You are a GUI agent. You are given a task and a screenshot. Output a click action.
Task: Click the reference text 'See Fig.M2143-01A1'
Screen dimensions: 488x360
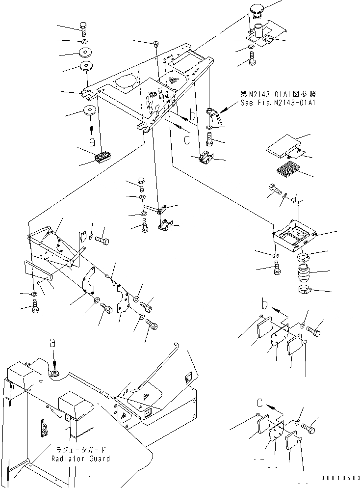(278, 103)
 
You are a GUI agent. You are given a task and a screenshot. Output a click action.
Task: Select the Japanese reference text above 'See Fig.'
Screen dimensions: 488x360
(278, 94)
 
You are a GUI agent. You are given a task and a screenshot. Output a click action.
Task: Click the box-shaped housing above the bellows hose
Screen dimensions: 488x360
(293, 236)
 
